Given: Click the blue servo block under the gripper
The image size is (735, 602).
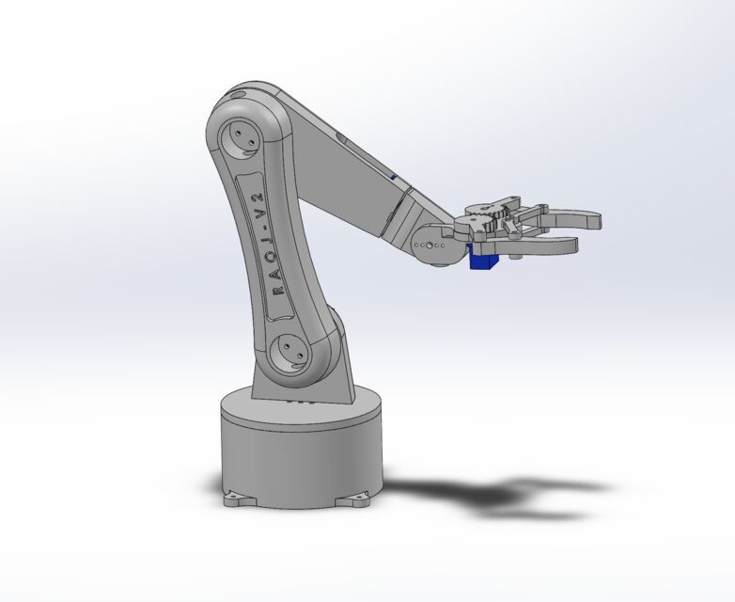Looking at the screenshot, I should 482,260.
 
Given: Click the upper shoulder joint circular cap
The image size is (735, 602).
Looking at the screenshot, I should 242,138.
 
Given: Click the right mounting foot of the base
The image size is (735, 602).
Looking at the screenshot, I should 358,495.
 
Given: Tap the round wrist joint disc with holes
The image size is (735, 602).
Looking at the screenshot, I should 433,246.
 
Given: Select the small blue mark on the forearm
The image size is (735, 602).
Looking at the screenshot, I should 393,175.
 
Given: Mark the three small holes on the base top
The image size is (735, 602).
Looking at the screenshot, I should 298,403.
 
